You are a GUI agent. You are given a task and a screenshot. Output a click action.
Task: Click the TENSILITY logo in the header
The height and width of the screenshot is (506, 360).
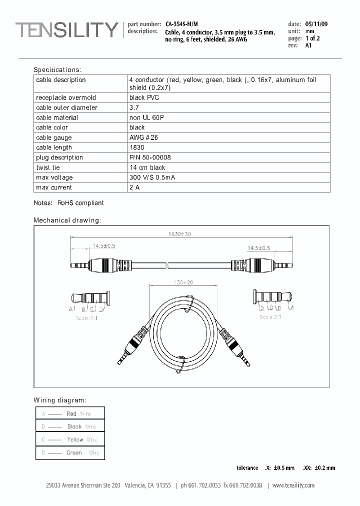66,30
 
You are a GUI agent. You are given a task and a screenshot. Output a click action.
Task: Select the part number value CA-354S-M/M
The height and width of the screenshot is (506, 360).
181,24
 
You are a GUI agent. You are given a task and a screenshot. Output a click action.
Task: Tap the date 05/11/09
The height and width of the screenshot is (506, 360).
316,24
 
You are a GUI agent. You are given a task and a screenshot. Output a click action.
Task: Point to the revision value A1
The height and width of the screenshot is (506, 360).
308,45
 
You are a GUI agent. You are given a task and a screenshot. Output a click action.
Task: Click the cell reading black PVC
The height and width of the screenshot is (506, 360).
144,97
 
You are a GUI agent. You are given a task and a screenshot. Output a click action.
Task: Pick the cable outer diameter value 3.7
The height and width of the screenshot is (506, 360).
134,107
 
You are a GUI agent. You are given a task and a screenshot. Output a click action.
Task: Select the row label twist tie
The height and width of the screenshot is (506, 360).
48,167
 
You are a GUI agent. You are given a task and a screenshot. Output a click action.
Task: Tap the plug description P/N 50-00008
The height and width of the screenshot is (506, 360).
150,157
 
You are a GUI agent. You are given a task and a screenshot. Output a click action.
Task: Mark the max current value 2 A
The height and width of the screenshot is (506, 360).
135,187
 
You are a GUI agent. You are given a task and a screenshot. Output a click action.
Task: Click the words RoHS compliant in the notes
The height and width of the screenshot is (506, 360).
80,203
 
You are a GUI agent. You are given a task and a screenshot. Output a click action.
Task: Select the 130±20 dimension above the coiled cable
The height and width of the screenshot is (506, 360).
183,282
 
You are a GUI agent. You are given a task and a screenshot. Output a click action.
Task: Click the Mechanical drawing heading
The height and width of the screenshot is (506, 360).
67,220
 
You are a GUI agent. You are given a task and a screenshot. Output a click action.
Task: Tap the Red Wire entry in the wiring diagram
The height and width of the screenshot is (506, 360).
78,413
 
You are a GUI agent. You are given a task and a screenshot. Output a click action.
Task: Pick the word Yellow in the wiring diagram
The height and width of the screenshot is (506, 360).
75,439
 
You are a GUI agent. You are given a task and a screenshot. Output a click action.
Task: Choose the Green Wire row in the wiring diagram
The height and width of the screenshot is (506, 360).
82,452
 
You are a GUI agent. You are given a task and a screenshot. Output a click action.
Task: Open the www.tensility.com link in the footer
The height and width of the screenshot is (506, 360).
293,485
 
